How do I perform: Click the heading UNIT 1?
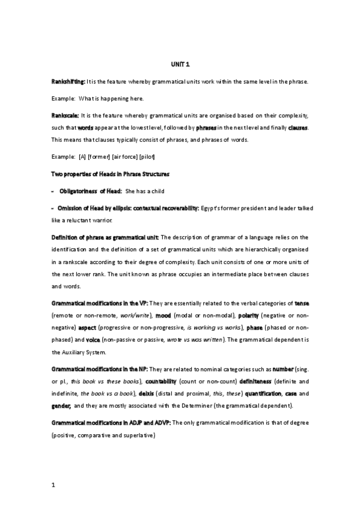click(x=180, y=65)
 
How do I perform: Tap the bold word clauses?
click(x=298, y=128)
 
